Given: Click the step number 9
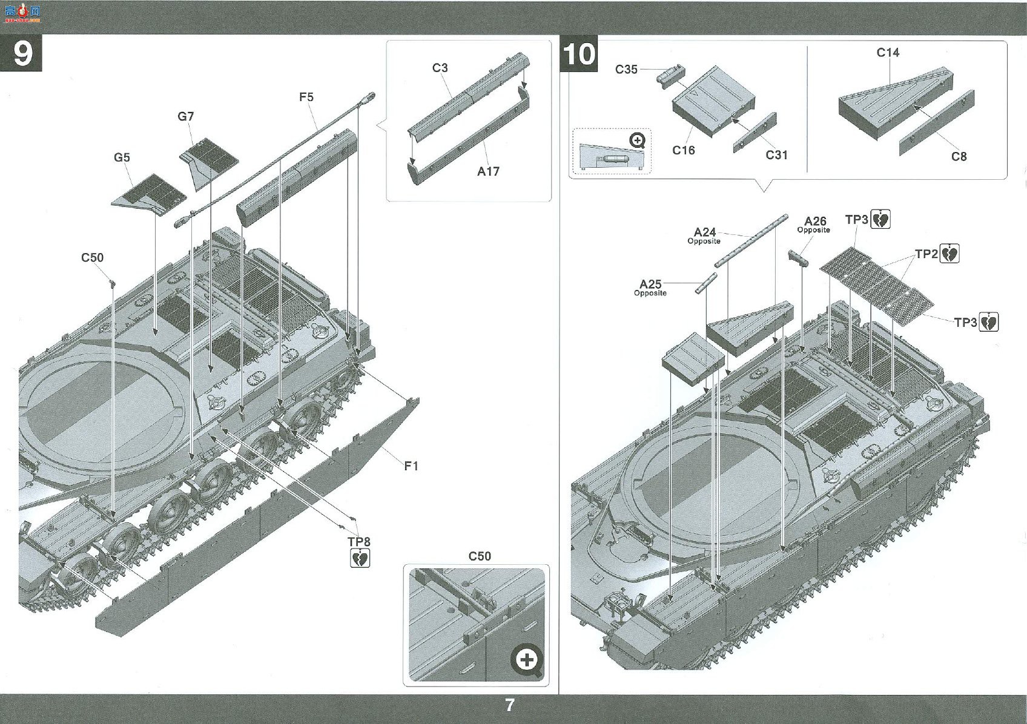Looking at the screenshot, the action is pyautogui.click(x=23, y=54).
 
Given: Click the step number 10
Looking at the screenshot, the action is pyautogui.click(x=580, y=54).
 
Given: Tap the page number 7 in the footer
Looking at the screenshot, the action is pyautogui.click(x=509, y=705).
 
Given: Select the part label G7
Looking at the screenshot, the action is pyautogui.click(x=186, y=116).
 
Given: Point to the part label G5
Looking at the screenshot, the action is pyautogui.click(x=122, y=157).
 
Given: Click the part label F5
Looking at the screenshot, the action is pyautogui.click(x=306, y=97).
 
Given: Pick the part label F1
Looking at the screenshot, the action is pyautogui.click(x=411, y=466).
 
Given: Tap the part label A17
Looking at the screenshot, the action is pyautogui.click(x=488, y=171).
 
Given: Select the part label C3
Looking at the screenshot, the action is pyautogui.click(x=440, y=68).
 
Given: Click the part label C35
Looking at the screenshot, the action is pyautogui.click(x=626, y=69).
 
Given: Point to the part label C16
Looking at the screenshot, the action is pyautogui.click(x=684, y=150).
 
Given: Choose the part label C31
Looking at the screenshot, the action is pyautogui.click(x=777, y=155).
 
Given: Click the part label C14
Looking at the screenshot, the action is pyautogui.click(x=888, y=53).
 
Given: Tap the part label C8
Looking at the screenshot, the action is pyautogui.click(x=959, y=157).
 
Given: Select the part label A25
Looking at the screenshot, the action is pyautogui.click(x=650, y=284).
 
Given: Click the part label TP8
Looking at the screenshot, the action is pyautogui.click(x=359, y=542).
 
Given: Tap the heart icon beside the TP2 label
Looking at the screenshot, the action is pyautogui.click(x=949, y=254).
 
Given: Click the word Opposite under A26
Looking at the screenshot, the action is pyautogui.click(x=813, y=230).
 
